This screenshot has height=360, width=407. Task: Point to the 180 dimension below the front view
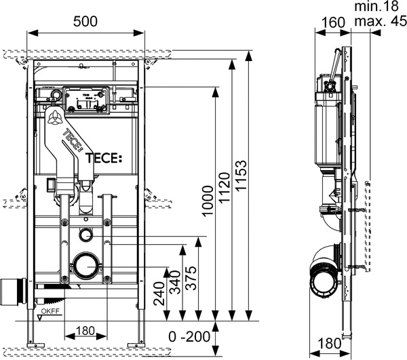(85, 331)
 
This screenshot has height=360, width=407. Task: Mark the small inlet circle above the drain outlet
(86, 235)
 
